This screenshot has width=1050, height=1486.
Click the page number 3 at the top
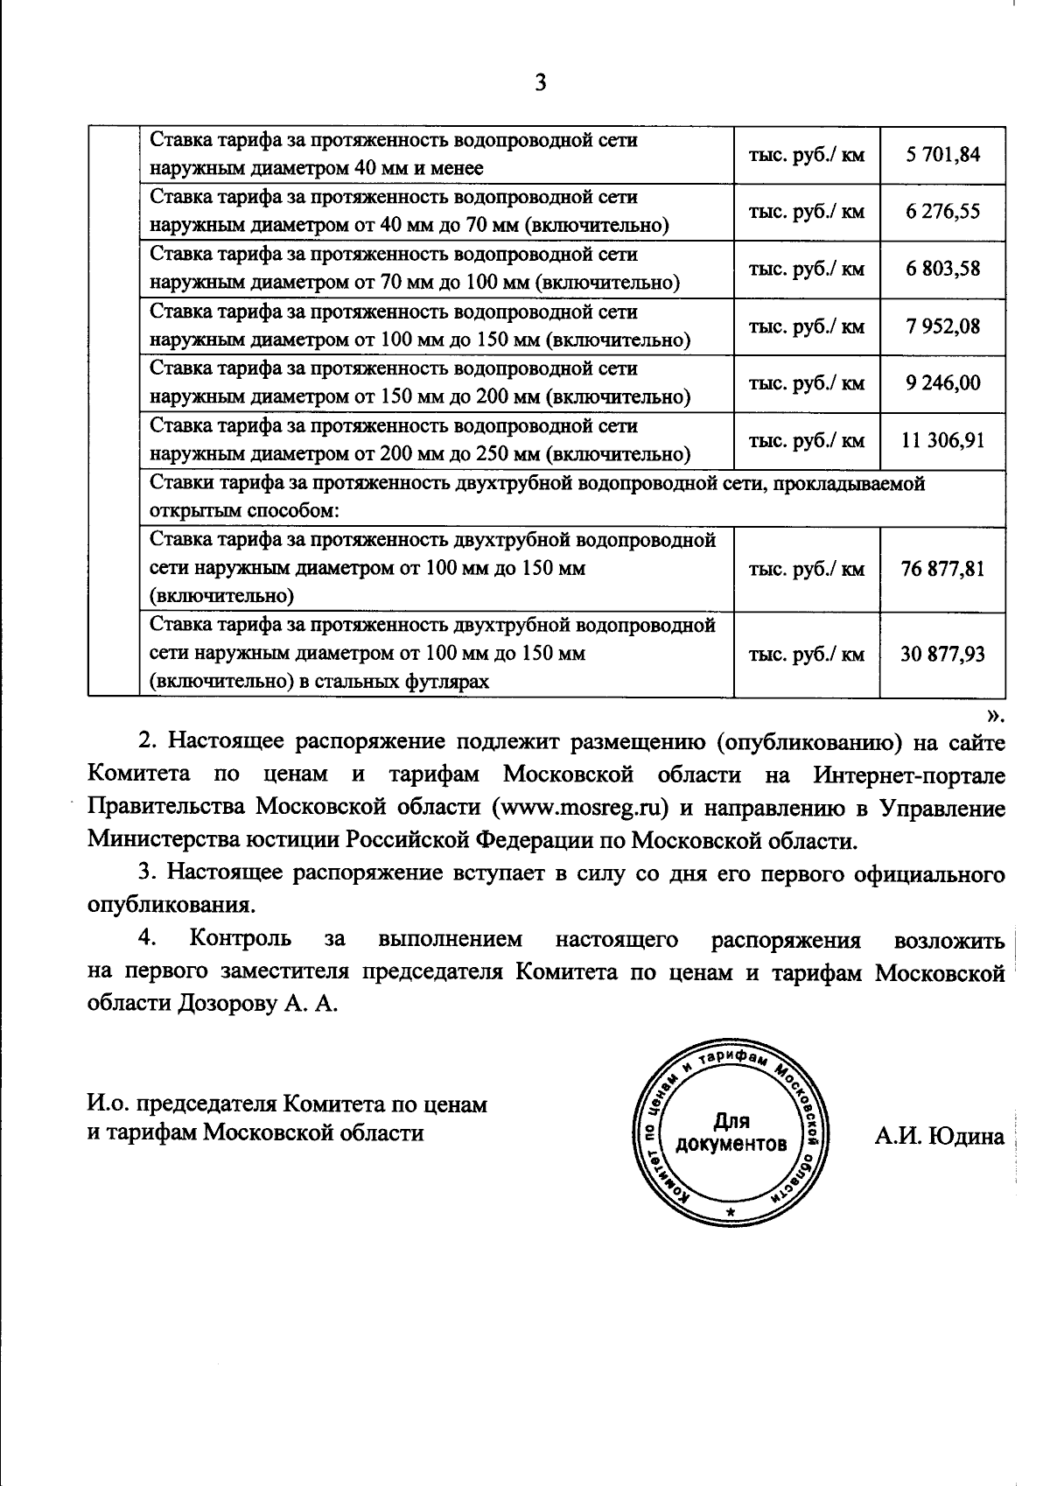[x=540, y=82]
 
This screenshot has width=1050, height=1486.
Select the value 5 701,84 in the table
[x=942, y=155]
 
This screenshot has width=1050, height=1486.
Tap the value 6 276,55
[x=942, y=212]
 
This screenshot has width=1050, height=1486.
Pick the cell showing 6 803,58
[x=942, y=269]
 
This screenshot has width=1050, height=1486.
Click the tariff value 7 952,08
[x=942, y=326]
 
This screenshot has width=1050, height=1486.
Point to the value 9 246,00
[x=942, y=383]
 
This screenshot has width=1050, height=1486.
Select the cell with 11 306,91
[x=942, y=440]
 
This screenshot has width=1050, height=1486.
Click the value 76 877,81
[x=942, y=569]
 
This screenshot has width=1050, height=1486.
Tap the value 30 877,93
[x=942, y=654]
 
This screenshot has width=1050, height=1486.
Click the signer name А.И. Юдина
[x=939, y=1137]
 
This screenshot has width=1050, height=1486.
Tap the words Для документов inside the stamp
[x=731, y=1132]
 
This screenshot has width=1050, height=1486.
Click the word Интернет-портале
[x=909, y=775]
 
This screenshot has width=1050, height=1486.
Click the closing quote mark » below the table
[x=997, y=715]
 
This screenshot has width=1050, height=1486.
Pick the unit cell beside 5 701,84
[x=806, y=155]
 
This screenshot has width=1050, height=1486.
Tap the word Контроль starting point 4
[x=241, y=939]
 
